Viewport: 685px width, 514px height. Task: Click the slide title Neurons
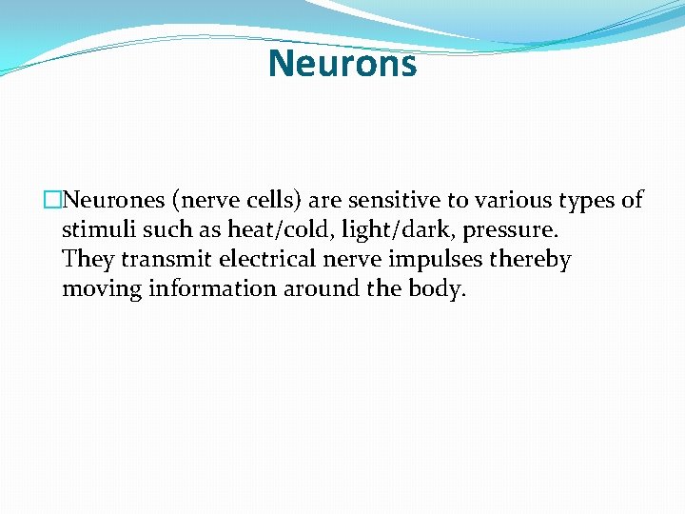coord(342,64)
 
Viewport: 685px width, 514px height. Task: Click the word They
coord(89,259)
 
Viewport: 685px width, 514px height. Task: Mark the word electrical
coord(267,259)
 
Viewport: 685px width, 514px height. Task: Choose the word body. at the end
coord(434,289)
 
